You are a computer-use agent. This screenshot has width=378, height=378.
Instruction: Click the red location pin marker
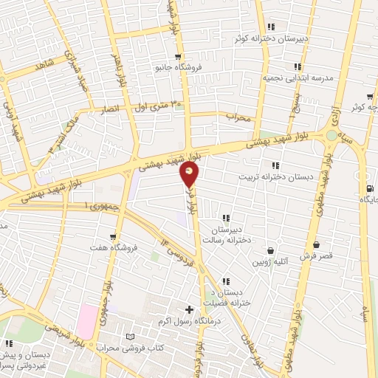coord(189,173)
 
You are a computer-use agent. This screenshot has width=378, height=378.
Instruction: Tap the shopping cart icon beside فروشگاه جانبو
coord(178,56)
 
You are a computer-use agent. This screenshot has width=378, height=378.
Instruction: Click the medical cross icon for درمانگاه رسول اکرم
coord(189,309)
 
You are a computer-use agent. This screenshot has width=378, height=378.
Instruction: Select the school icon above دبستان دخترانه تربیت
coord(275,165)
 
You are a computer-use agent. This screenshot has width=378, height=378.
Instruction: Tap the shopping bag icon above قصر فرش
coord(317,245)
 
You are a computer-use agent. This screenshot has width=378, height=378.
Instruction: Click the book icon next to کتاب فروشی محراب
coord(131,337)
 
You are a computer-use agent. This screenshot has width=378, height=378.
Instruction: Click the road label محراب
coord(238,117)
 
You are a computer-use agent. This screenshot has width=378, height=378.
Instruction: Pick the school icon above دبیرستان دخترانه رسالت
coord(226,218)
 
